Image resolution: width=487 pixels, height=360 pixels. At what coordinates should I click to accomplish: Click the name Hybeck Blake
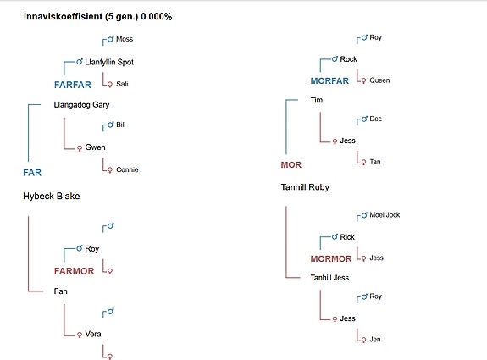click(x=52, y=196)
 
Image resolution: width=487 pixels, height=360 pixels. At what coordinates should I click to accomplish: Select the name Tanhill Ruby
click(x=305, y=187)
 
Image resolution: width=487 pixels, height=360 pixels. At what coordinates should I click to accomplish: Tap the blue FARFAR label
click(x=72, y=85)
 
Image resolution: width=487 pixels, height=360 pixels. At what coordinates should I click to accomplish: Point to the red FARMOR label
click(x=74, y=271)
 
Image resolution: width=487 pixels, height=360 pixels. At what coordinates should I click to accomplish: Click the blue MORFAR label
click(x=329, y=80)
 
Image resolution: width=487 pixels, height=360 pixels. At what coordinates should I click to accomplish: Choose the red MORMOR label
click(x=331, y=258)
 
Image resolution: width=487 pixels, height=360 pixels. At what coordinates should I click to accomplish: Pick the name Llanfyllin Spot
click(x=109, y=62)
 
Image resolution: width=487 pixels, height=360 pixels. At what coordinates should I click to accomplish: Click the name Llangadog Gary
click(x=81, y=105)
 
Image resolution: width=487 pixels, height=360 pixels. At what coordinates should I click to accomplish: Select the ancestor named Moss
click(x=125, y=39)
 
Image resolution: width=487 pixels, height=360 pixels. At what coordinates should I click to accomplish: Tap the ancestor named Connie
click(x=127, y=169)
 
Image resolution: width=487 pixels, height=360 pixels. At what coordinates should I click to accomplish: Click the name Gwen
click(x=95, y=147)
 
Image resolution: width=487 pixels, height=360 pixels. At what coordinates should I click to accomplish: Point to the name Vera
click(x=93, y=334)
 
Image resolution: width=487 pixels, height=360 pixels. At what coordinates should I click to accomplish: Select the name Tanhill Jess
click(x=329, y=278)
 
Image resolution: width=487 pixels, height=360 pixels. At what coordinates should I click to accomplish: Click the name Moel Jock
click(x=385, y=215)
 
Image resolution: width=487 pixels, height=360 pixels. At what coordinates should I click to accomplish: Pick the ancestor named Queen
click(x=379, y=80)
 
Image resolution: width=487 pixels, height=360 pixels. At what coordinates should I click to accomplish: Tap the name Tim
click(x=317, y=100)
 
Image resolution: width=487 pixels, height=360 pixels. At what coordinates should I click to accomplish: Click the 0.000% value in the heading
click(x=157, y=16)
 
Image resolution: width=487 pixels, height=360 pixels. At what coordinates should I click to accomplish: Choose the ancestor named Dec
click(x=375, y=119)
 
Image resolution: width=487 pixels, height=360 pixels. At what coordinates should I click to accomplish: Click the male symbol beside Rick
click(x=335, y=237)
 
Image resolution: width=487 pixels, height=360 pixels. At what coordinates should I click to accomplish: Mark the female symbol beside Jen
click(x=363, y=340)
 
